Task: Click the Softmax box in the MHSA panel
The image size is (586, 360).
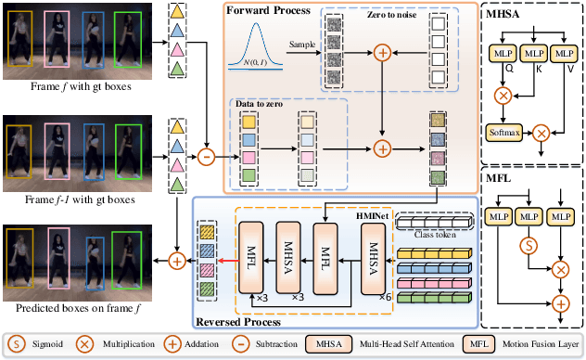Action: (x=503, y=133)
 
